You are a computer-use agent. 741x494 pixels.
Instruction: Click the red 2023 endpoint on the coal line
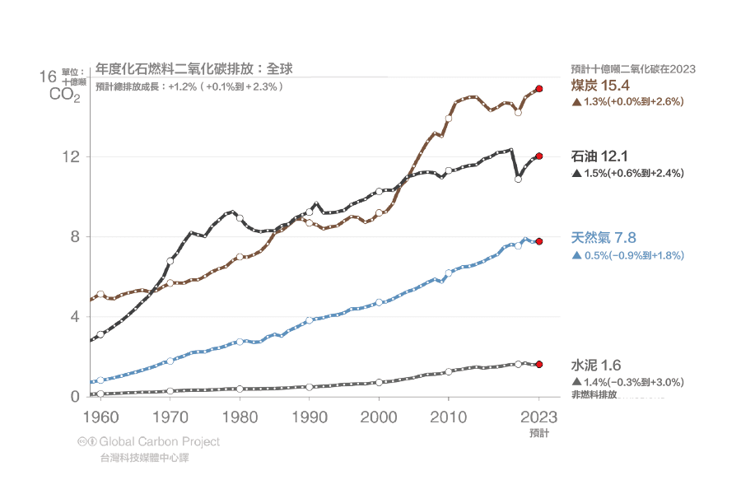tap(538, 88)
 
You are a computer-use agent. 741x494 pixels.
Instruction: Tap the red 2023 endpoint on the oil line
tap(538, 156)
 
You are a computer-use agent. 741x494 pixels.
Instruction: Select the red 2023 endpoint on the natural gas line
tap(538, 241)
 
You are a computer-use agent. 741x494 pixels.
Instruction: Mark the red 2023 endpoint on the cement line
tap(538, 364)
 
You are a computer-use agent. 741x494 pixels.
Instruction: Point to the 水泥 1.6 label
tap(596, 366)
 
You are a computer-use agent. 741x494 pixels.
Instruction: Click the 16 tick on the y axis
tap(47, 77)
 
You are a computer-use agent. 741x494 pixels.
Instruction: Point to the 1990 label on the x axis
tap(310, 416)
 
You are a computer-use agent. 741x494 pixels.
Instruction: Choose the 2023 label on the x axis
tap(538, 416)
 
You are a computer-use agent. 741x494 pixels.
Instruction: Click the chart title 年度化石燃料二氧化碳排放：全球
tap(194, 68)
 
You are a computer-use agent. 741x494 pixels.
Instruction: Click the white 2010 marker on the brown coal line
tap(449, 119)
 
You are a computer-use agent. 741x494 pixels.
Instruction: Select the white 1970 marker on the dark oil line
tap(170, 261)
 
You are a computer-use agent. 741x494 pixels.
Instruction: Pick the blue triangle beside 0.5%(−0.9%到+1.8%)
tap(576, 256)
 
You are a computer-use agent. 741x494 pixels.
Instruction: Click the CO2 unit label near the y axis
tap(64, 95)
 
